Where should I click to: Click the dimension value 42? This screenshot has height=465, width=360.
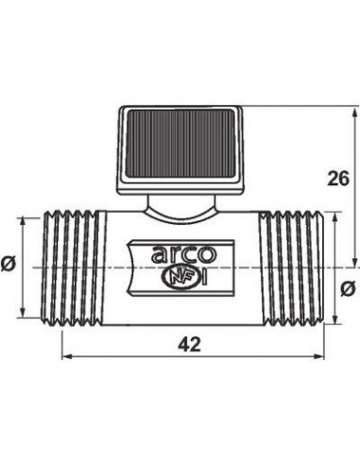click(189, 344)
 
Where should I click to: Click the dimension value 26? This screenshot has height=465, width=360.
click(338, 179)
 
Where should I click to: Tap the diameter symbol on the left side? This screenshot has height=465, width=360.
click(8, 264)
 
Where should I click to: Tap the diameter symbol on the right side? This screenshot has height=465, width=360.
click(348, 289)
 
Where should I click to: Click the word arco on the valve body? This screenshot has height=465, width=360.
click(184, 254)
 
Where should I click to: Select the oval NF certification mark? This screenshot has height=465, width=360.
click(180, 278)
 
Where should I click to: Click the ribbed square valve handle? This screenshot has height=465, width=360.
click(180, 150)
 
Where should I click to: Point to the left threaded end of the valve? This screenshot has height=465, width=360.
click(73, 267)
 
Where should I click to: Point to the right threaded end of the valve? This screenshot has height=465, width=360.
click(291, 267)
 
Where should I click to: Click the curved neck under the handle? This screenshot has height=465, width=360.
click(180, 210)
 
